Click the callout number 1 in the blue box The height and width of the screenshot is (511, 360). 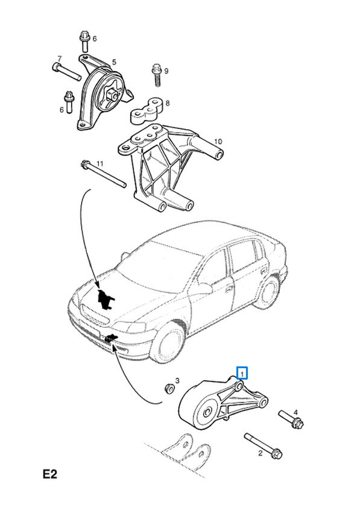(242, 373)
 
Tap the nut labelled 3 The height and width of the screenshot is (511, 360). (169, 388)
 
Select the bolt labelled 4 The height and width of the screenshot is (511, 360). (291, 419)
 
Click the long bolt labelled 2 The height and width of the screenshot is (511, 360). (264, 445)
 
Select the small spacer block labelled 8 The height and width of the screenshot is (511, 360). (147, 111)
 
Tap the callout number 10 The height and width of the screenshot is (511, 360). (218, 142)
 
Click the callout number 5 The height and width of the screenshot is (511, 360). (114, 62)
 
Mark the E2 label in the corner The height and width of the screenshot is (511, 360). (50, 474)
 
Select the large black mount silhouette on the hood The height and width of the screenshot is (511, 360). (105, 299)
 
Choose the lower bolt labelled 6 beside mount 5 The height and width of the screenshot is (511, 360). (69, 102)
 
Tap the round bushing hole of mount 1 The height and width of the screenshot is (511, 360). (207, 412)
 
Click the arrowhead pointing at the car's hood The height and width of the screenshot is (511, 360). (98, 286)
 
